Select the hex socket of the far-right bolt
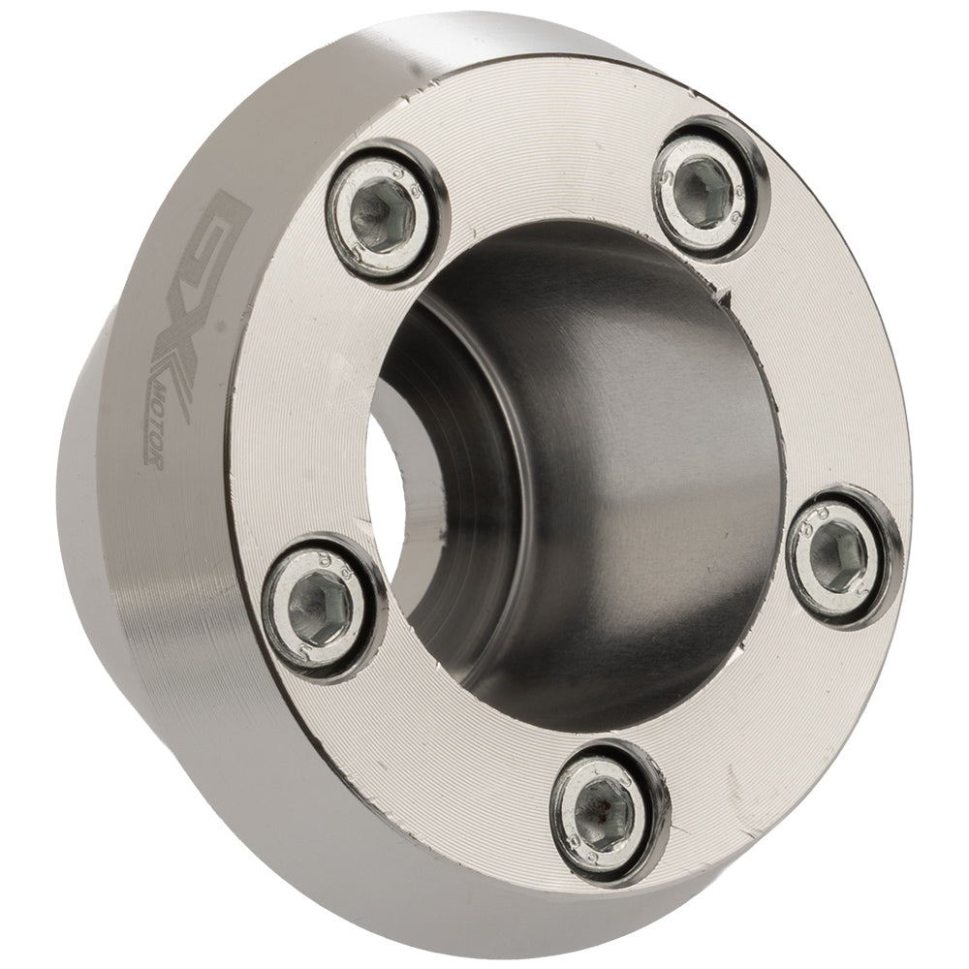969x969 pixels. tap(836, 557)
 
